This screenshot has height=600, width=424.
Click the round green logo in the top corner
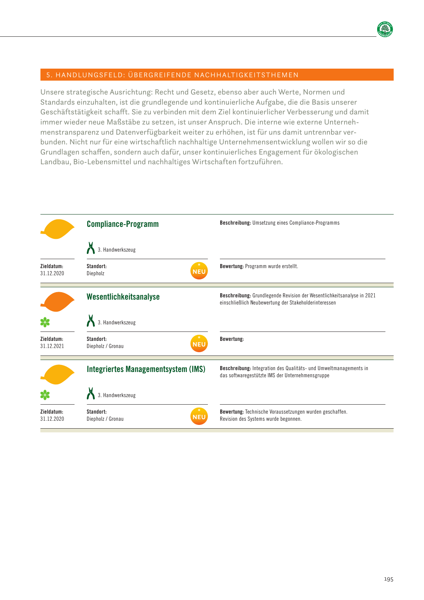tap(385, 29)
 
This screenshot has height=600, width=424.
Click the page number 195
tap(388, 579)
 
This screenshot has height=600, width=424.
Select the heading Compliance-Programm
tap(122, 224)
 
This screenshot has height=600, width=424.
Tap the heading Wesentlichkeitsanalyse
tap(123, 297)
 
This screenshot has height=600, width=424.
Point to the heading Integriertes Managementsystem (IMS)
tap(146, 369)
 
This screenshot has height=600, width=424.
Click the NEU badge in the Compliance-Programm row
tap(199, 271)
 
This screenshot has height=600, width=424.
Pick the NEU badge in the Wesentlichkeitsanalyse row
tap(199, 343)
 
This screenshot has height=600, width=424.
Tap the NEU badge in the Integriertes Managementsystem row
tap(199, 416)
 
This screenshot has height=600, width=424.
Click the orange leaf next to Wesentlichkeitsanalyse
tap(58, 301)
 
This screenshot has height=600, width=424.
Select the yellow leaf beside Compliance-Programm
tap(58, 229)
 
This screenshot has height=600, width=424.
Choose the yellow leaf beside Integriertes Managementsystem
tap(58, 374)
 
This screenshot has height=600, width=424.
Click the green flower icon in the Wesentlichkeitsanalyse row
tap(45, 322)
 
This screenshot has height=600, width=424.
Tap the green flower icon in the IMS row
tap(45, 395)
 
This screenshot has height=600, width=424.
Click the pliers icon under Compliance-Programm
tap(91, 248)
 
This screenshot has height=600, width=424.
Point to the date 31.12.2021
tap(52, 346)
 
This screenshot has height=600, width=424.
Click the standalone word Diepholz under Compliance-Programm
tap(96, 273)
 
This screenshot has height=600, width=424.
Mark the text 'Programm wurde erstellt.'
tap(272, 266)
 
